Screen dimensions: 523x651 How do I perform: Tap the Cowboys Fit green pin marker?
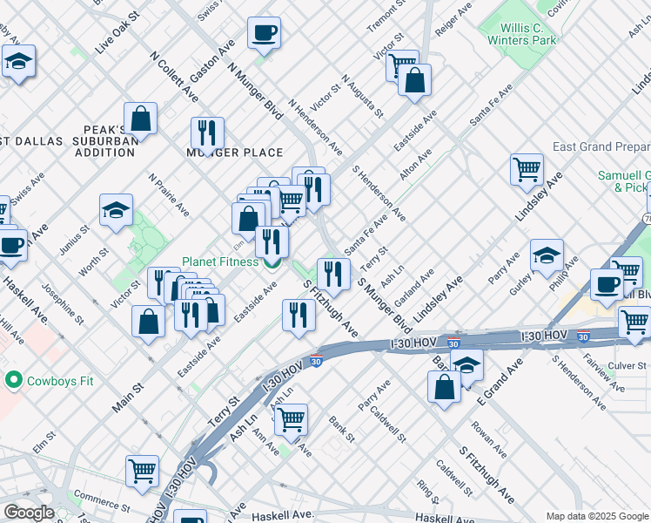13,380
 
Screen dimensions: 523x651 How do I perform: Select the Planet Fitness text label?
219,261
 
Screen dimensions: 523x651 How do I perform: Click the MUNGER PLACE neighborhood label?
235,153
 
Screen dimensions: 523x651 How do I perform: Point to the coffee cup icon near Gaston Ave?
264,33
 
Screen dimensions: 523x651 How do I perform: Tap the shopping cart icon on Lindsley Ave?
527,169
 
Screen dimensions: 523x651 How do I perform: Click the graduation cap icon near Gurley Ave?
547,255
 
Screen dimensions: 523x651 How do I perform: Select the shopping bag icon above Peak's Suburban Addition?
140,118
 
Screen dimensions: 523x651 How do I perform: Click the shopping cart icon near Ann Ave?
291,418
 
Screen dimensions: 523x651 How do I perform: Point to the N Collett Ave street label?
172,73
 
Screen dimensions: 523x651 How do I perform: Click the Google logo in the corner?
28,513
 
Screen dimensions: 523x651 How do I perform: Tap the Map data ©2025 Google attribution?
596,516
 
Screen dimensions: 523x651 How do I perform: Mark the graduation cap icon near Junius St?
116,209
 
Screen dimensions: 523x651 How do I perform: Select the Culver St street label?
627,365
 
